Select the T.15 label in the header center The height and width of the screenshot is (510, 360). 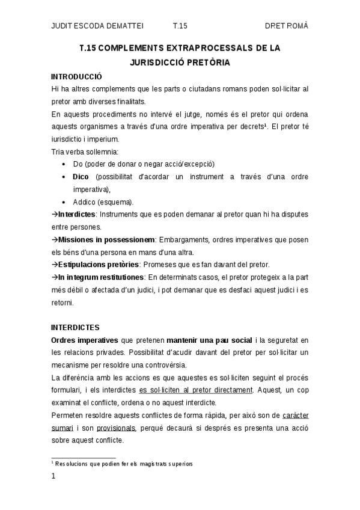[x=180, y=26]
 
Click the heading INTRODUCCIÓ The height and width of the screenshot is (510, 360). [x=76, y=77]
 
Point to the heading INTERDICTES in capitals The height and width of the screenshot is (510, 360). [x=75, y=328]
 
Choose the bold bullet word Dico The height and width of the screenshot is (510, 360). [x=81, y=176]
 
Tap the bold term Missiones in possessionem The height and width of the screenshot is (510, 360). [x=107, y=239]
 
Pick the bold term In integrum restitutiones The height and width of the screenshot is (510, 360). [x=101, y=277]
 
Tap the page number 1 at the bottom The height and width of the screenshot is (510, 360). [x=53, y=476]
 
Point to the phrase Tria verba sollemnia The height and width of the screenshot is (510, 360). [x=85, y=151]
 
